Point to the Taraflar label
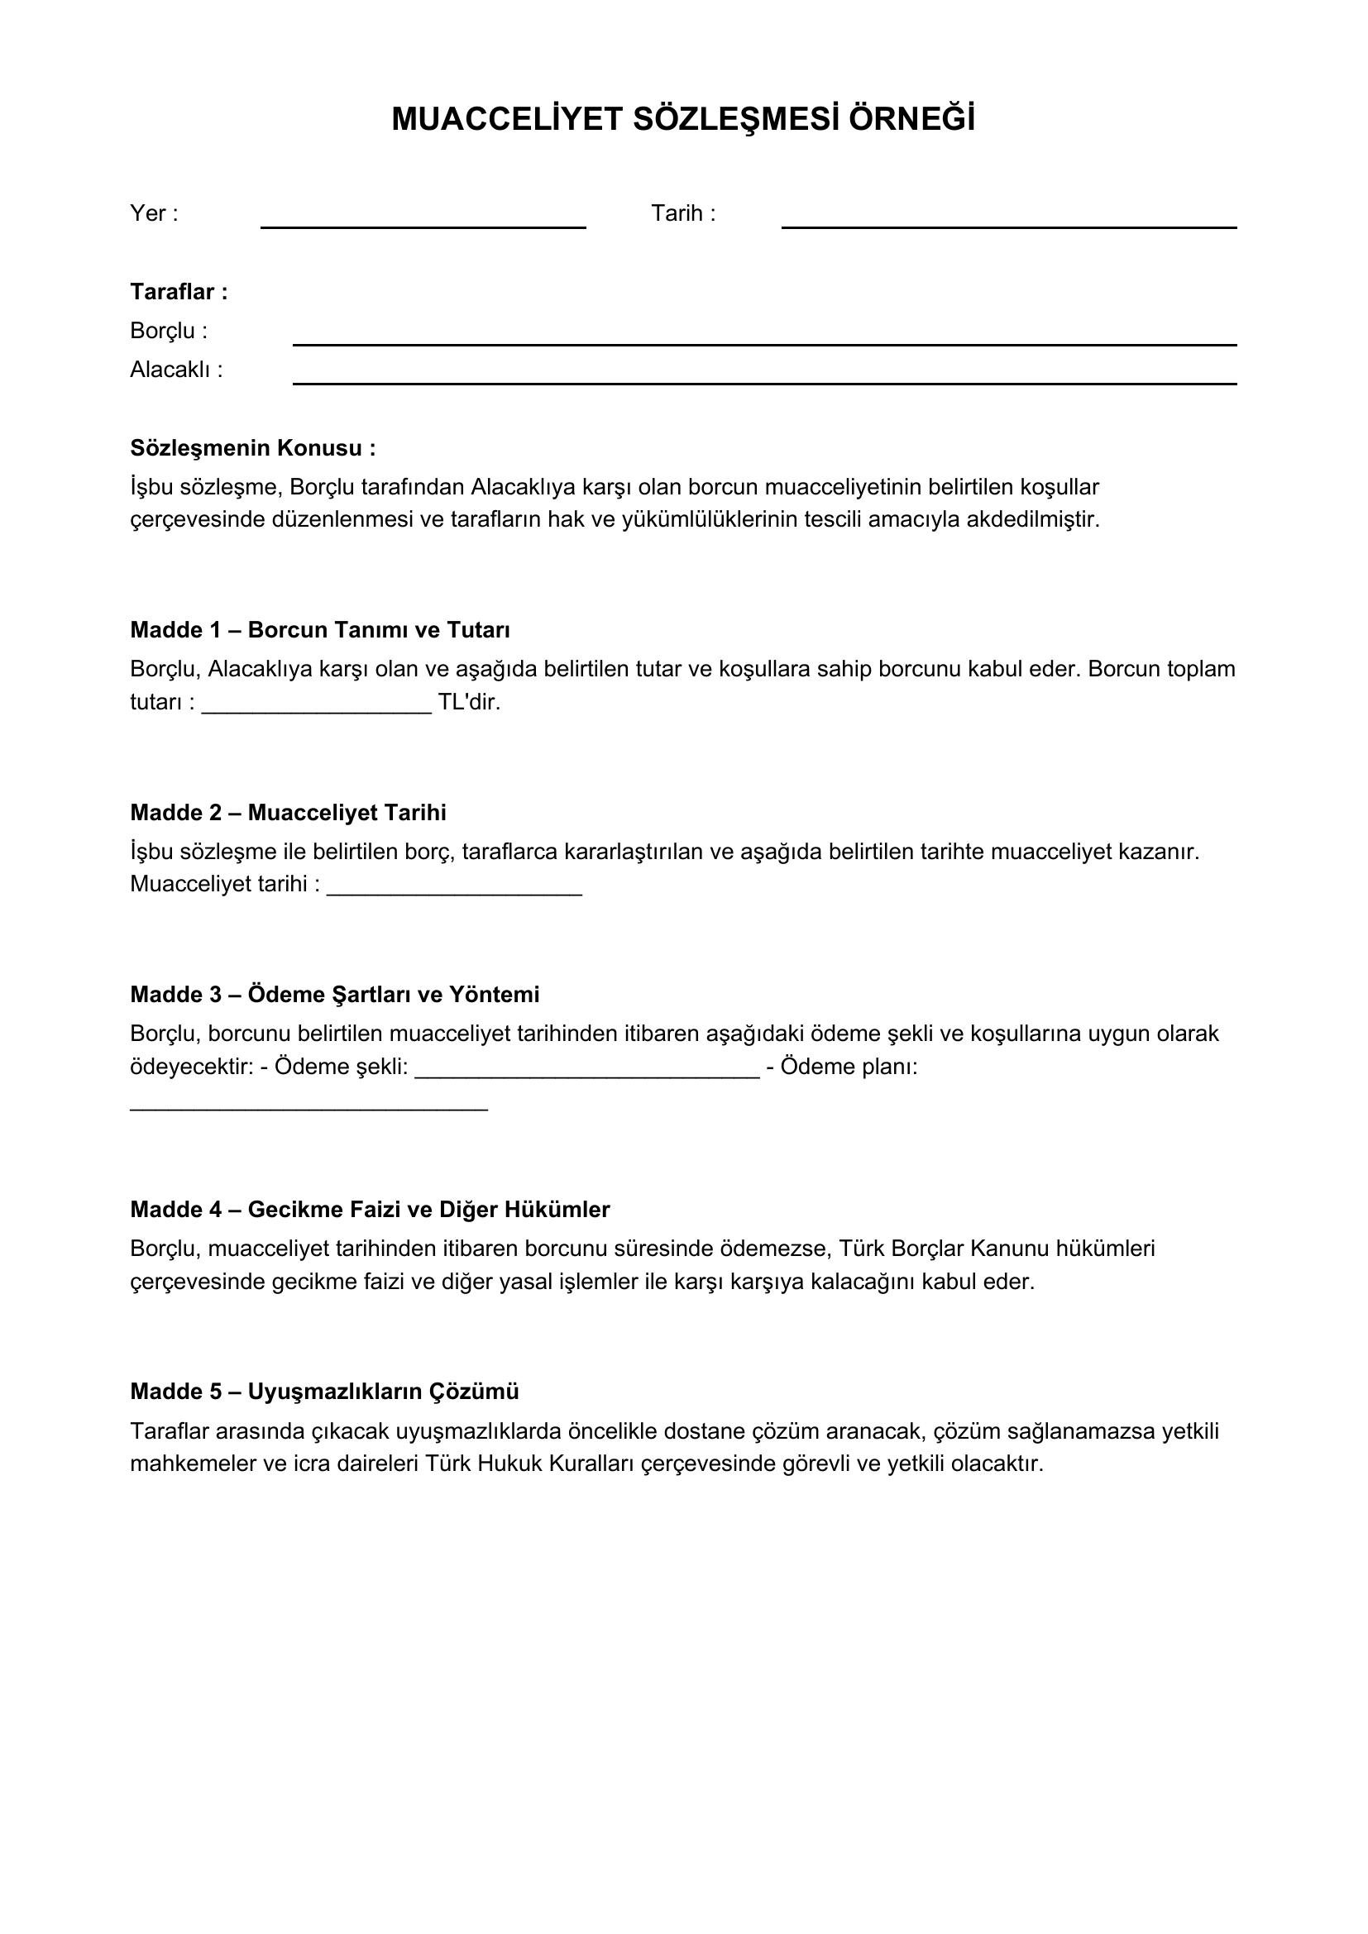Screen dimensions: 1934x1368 [179, 292]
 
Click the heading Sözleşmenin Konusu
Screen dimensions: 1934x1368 [253, 448]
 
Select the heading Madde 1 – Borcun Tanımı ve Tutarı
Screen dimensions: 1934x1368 [320, 630]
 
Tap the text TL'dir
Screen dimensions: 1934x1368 [469, 702]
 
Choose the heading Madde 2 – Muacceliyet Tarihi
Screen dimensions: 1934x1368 [288, 813]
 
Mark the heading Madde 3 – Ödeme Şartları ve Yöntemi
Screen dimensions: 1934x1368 [334, 995]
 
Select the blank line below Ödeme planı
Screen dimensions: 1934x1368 [309, 1105]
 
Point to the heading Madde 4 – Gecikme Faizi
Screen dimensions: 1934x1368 [370, 1210]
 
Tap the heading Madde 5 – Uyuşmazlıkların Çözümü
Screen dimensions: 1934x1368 [324, 1392]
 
